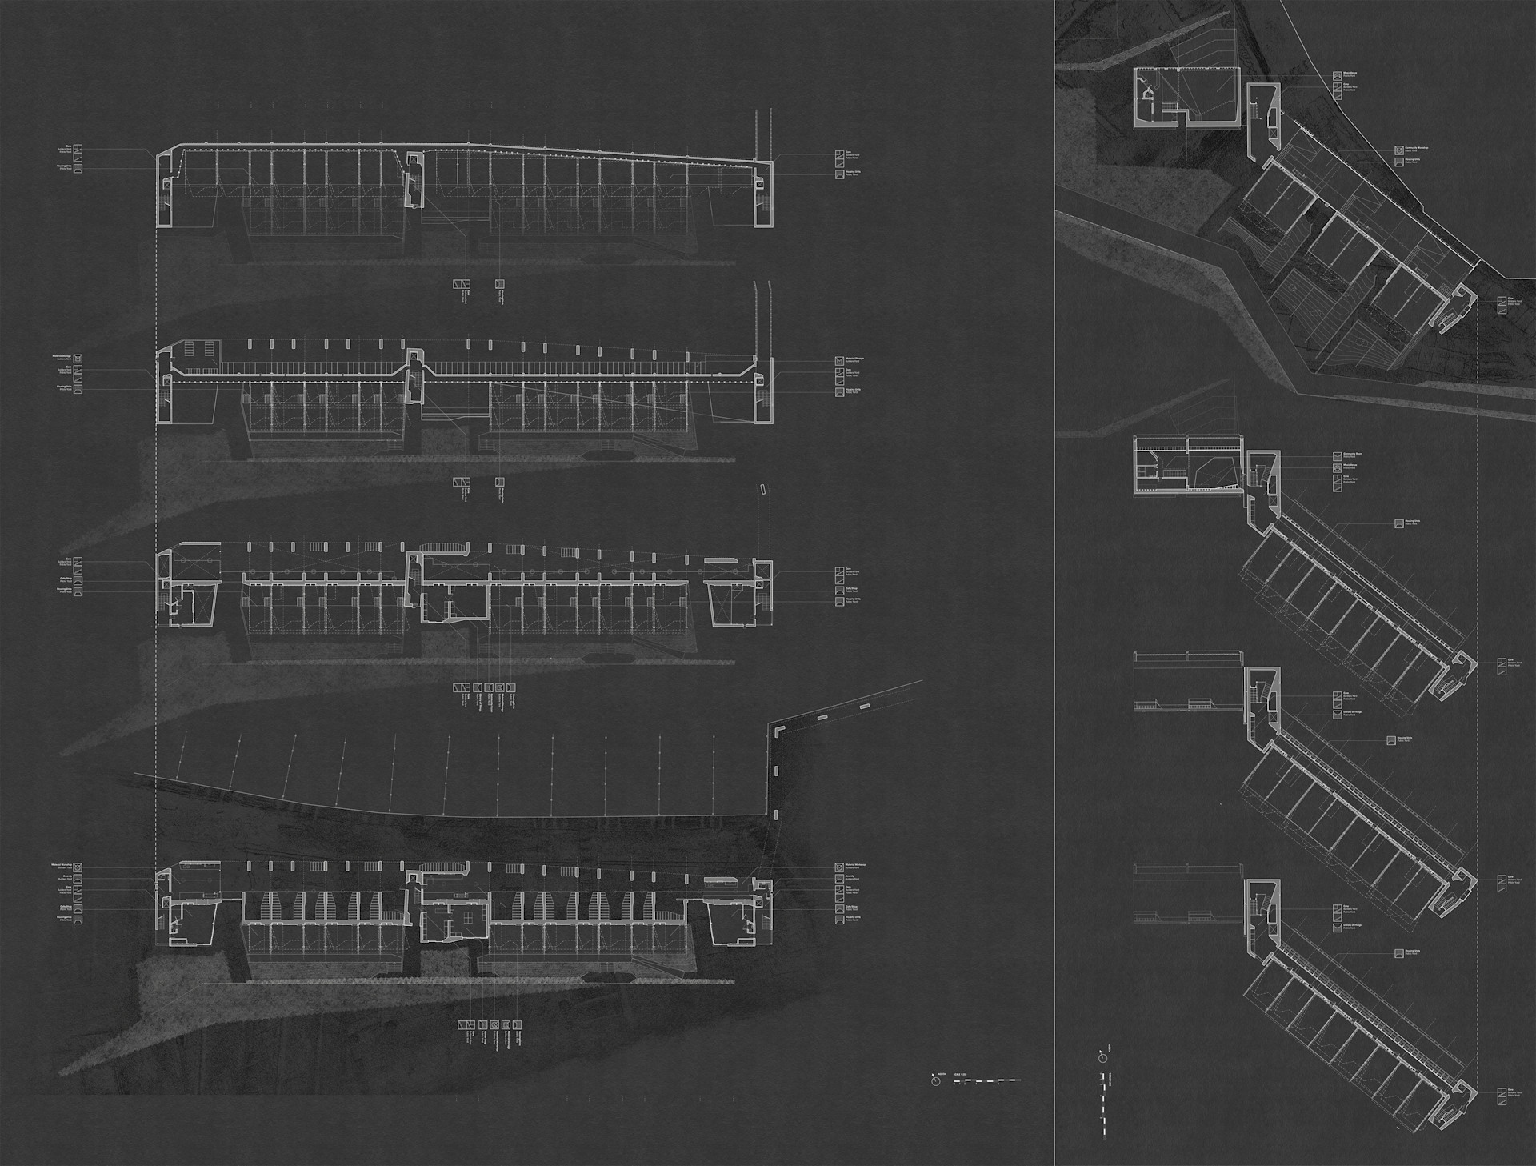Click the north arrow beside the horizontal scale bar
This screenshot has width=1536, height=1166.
click(x=935, y=1081)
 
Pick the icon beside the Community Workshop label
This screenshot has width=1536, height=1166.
click(x=1398, y=149)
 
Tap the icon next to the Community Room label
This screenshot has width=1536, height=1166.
click(x=1337, y=456)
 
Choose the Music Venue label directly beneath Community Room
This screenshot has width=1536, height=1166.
click(x=1350, y=465)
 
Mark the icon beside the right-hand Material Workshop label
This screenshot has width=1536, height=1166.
click(x=839, y=867)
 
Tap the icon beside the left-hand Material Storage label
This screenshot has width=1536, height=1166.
click(x=78, y=360)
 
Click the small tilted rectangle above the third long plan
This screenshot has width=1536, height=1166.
click(x=762, y=487)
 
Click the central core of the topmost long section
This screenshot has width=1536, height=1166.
click(x=414, y=180)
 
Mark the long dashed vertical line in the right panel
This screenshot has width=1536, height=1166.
click(x=1477, y=720)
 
